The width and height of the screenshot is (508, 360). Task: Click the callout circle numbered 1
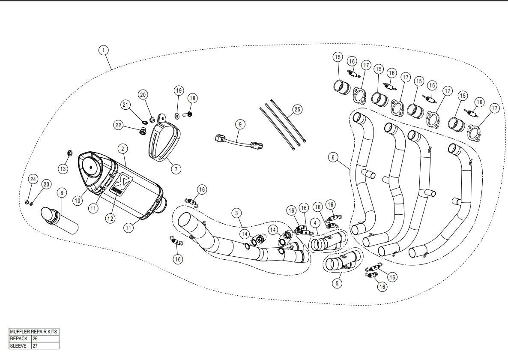coord(103,50)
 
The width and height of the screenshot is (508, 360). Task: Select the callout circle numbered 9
coord(240,124)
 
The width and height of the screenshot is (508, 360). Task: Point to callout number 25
coord(297,110)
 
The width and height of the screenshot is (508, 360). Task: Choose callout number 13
coord(63,169)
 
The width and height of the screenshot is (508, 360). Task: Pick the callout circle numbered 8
coord(62,193)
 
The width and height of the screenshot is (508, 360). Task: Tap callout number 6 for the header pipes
coord(333,157)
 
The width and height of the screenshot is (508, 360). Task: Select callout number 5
coord(337,283)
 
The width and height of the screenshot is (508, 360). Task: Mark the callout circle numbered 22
coord(119,125)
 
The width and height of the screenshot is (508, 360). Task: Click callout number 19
coord(178,90)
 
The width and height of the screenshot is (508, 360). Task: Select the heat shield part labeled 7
coord(165,136)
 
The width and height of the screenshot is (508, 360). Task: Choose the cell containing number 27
coord(45,345)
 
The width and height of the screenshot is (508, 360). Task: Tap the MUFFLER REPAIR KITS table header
coord(34,332)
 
